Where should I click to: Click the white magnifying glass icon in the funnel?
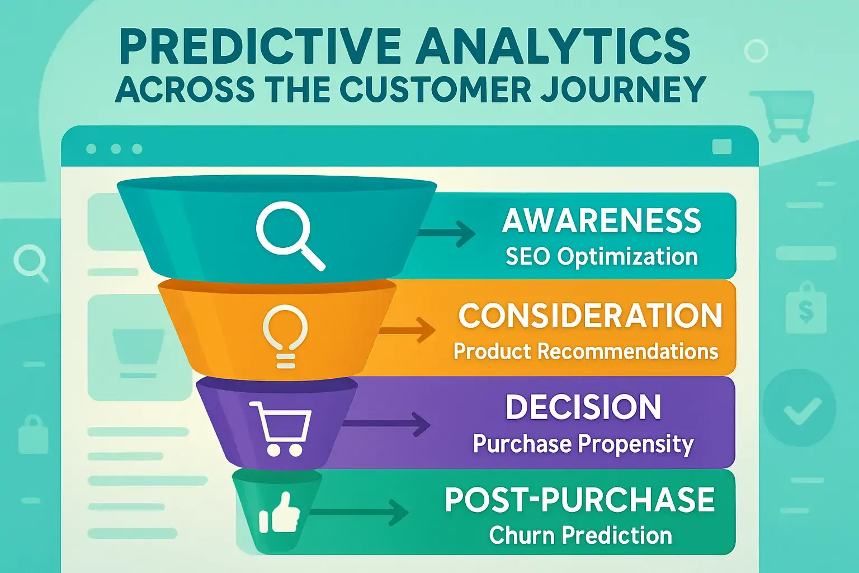[289, 234]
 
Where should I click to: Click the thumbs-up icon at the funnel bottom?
[280, 514]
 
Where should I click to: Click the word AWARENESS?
[601, 220]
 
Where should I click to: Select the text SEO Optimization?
[602, 257]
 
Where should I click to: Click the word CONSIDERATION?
[590, 316]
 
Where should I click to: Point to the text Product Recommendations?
[585, 351]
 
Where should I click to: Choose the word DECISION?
[583, 407]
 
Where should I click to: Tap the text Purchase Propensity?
[583, 444]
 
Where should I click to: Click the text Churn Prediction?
[580, 536]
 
